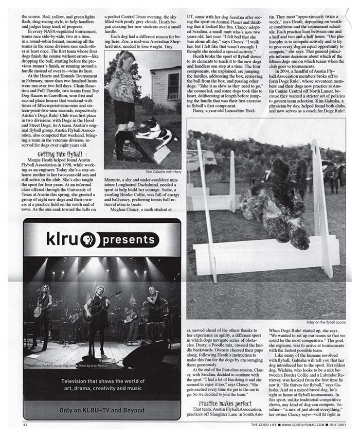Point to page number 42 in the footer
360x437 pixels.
pos(25,425)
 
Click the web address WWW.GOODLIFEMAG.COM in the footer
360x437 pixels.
pos(296,425)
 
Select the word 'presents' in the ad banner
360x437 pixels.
pos(131,239)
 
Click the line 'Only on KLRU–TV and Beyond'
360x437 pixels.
pos(101,410)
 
